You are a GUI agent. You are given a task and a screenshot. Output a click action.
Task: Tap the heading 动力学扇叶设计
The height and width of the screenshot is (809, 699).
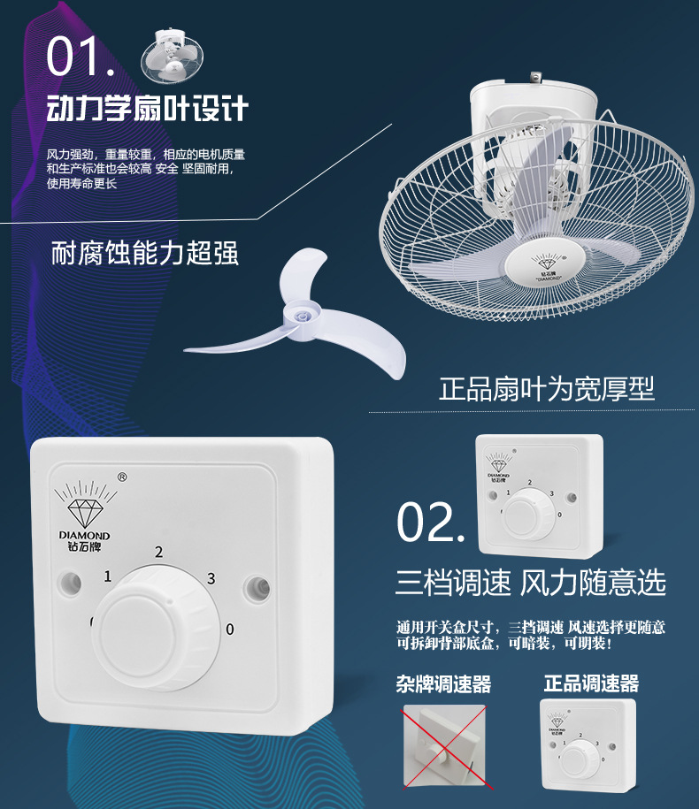click(148, 110)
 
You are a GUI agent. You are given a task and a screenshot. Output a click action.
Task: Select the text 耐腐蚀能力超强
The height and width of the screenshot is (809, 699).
click(145, 255)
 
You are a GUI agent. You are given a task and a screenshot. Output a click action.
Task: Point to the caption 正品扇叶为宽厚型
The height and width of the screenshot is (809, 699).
click(547, 389)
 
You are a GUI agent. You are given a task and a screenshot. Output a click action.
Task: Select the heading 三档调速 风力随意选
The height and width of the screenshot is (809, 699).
click(530, 583)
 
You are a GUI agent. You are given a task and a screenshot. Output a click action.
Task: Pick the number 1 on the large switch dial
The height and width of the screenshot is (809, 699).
click(107, 577)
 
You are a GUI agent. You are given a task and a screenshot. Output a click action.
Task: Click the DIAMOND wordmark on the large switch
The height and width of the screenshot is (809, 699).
click(84, 536)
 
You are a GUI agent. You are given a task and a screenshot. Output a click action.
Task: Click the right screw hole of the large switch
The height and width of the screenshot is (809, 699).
click(257, 585)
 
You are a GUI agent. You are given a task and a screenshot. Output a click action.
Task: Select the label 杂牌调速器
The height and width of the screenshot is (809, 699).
click(443, 683)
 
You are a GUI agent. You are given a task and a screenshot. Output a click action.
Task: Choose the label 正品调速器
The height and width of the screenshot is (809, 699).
click(591, 683)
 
